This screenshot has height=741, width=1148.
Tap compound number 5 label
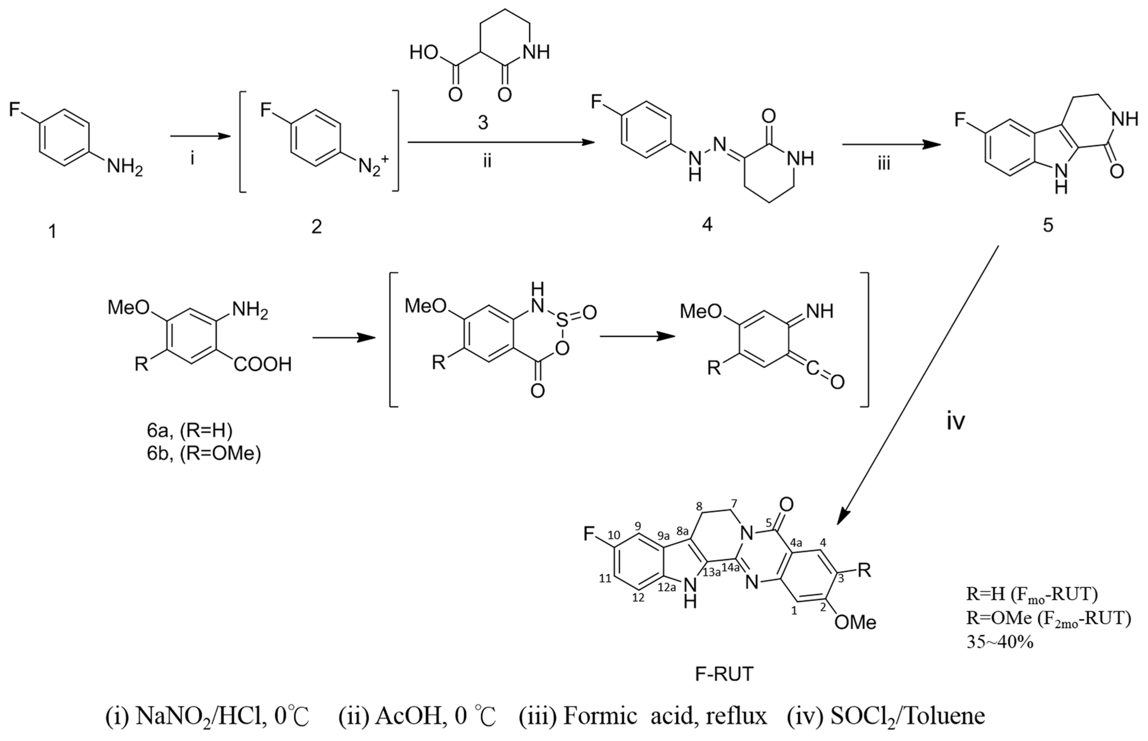(1047, 225)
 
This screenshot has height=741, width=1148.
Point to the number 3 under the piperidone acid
(482, 123)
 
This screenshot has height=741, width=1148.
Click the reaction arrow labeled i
(198, 137)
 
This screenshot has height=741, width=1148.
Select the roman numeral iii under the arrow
(883, 164)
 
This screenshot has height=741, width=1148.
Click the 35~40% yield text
(1000, 642)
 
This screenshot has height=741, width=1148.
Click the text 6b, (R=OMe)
(203, 453)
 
